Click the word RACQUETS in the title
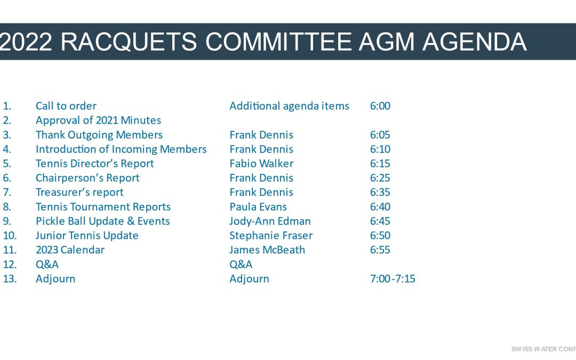point(129,42)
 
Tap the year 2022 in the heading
point(26,42)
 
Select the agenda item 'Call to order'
point(66,106)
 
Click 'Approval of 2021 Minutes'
point(99,120)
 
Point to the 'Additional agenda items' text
point(290,106)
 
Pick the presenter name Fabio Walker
point(261,164)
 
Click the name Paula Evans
point(258,207)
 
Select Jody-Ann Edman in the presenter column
point(270,221)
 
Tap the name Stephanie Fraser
point(271,236)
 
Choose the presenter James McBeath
point(267,250)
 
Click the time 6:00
point(380,106)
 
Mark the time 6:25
point(380,178)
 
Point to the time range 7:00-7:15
point(393,279)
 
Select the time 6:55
point(380,250)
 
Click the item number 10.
point(10,236)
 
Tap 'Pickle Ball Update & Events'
point(103,221)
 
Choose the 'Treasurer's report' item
point(79,192)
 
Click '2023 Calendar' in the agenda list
point(70,250)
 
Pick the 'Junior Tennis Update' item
point(87,236)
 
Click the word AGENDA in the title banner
point(475,42)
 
